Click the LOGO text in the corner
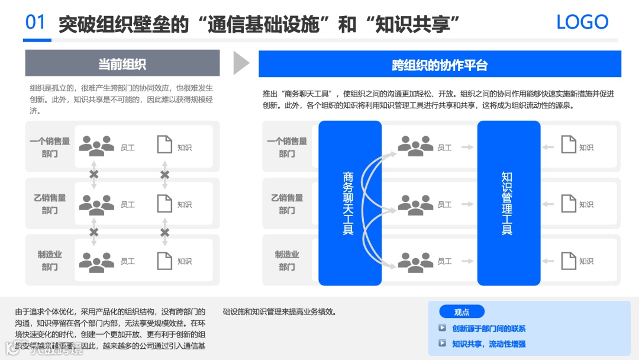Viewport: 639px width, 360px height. (582, 22)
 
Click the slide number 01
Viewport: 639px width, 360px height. (35, 22)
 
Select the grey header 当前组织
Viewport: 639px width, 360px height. (122, 63)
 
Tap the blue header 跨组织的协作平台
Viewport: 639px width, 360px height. (440, 64)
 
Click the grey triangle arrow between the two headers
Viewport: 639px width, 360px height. (241, 63)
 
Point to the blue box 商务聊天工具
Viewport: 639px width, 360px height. (349, 203)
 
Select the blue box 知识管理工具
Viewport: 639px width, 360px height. (508, 203)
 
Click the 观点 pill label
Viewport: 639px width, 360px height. (461, 312)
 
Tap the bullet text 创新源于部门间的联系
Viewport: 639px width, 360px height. (489, 329)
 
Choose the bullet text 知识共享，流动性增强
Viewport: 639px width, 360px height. (489, 343)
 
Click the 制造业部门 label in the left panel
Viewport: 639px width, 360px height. (50, 261)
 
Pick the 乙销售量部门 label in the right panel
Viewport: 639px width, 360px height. (287, 204)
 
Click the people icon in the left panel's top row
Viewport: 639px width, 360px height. (96, 145)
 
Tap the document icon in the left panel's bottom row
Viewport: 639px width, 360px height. (164, 261)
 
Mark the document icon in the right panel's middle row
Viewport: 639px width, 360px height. (569, 204)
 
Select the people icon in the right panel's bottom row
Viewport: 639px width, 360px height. (415, 261)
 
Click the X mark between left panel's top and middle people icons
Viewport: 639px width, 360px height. (93, 175)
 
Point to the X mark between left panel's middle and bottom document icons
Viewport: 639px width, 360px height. (165, 232)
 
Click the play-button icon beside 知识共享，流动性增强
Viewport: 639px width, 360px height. (442, 343)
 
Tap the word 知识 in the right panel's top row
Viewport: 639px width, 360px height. (586, 147)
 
